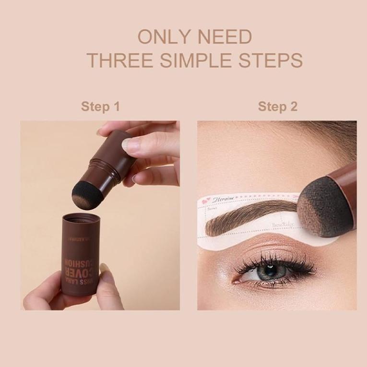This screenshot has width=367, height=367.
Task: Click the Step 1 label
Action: [100, 106]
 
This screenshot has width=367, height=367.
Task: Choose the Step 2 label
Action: [277, 106]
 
